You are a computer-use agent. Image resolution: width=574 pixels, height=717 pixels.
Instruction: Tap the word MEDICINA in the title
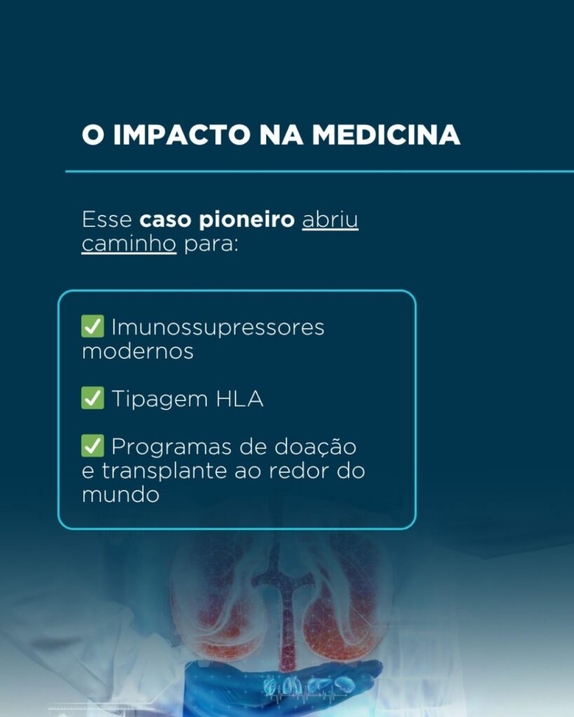pyautogui.click(x=386, y=135)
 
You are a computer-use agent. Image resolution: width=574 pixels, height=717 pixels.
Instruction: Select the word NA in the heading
pyautogui.click(x=282, y=135)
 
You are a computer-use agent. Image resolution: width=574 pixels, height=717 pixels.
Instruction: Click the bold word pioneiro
pyautogui.click(x=247, y=220)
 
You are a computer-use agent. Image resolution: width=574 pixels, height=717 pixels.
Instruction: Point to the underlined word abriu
pyautogui.click(x=330, y=219)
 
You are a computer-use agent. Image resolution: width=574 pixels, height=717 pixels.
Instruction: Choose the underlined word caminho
pyautogui.click(x=129, y=244)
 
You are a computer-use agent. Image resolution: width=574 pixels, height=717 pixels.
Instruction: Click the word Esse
pyautogui.click(x=107, y=220)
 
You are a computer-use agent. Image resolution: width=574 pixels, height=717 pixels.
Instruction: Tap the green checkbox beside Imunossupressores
pyautogui.click(x=93, y=326)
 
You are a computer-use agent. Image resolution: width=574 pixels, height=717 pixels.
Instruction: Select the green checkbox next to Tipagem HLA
pyautogui.click(x=93, y=398)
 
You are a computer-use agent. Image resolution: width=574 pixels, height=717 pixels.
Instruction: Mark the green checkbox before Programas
pyautogui.click(x=93, y=446)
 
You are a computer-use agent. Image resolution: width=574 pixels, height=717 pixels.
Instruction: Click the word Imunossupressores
pyautogui.click(x=218, y=328)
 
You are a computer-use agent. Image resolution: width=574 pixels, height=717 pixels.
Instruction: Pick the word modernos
pyautogui.click(x=138, y=351)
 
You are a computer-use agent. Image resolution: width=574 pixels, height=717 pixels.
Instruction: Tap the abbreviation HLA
pyautogui.click(x=240, y=398)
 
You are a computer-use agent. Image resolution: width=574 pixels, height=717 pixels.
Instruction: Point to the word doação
pyautogui.click(x=315, y=447)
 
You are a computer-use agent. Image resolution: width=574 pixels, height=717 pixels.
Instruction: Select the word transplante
pyautogui.click(x=164, y=471)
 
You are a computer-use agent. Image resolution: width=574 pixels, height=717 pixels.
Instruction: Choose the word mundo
pyautogui.click(x=121, y=495)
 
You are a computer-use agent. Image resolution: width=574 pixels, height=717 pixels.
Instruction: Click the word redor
pyautogui.click(x=299, y=471)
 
